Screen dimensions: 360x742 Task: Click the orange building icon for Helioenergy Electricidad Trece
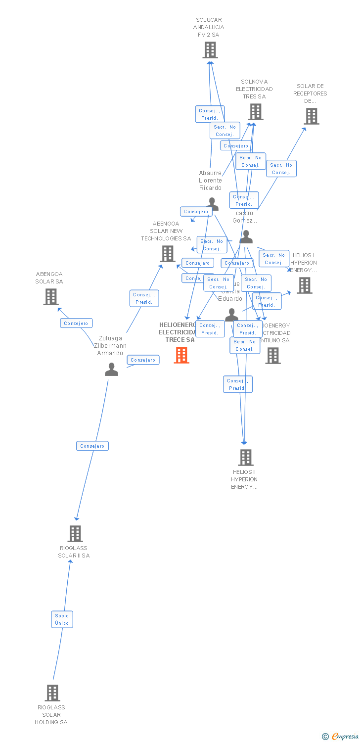(181, 355)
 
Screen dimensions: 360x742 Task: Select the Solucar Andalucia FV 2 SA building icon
(210, 50)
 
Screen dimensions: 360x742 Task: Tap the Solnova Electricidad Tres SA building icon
(256, 112)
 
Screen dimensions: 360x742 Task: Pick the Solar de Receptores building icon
(311, 116)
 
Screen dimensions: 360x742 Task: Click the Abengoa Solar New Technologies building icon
(168, 254)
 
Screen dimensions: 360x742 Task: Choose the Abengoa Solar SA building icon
(51, 297)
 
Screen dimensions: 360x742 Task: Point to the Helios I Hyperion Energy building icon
(305, 285)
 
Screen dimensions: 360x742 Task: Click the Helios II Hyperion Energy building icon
(246, 458)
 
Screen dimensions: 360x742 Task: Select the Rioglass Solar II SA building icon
(75, 534)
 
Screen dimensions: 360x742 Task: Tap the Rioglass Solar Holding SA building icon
(52, 693)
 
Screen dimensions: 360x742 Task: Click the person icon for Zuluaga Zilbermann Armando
(111, 370)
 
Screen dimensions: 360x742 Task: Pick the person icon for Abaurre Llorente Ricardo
(213, 203)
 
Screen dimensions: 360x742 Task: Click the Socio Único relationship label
(62, 619)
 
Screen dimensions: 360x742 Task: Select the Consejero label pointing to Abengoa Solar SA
(76, 323)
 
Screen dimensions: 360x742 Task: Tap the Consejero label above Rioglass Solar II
(92, 446)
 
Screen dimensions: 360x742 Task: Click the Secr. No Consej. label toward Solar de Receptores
(281, 169)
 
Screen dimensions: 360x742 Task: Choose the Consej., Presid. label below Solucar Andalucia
(210, 114)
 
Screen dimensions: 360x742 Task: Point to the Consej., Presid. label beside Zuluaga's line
(144, 298)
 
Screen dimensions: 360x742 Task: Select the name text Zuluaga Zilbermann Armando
(110, 346)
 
